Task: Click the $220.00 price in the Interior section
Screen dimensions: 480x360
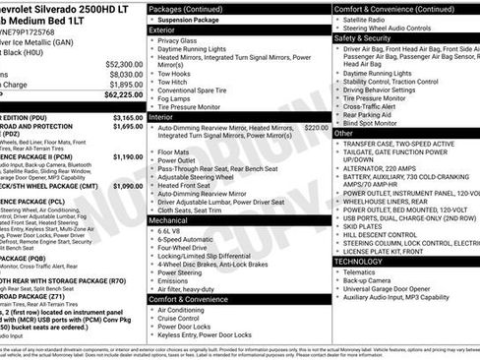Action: coord(316,127)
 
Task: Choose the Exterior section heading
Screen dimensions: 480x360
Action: coord(164,30)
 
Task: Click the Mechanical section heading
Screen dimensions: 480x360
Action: coord(171,221)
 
